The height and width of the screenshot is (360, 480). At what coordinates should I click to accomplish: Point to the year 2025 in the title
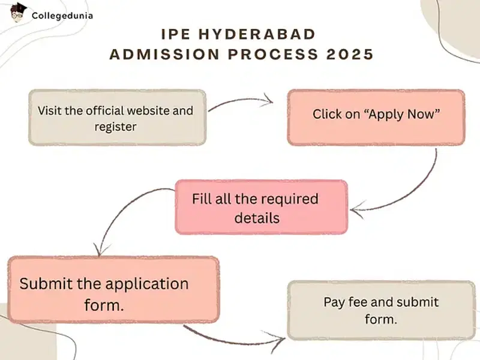(x=349, y=54)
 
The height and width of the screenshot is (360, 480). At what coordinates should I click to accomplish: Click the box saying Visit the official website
(x=117, y=118)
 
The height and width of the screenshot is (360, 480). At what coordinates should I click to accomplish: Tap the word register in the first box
(x=116, y=127)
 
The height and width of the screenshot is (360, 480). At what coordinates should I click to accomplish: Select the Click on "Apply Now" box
(x=376, y=118)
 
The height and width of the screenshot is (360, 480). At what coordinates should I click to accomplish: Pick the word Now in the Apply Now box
(x=422, y=114)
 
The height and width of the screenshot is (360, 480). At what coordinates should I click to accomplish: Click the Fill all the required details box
(x=261, y=207)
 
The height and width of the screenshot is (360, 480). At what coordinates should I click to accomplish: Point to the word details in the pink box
(x=257, y=217)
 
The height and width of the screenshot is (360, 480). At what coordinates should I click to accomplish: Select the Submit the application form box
(x=113, y=290)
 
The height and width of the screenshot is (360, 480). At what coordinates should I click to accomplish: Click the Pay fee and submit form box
(x=381, y=310)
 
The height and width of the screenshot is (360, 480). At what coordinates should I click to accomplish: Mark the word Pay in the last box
(x=334, y=302)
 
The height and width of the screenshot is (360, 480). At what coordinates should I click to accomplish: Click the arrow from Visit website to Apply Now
(x=240, y=102)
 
